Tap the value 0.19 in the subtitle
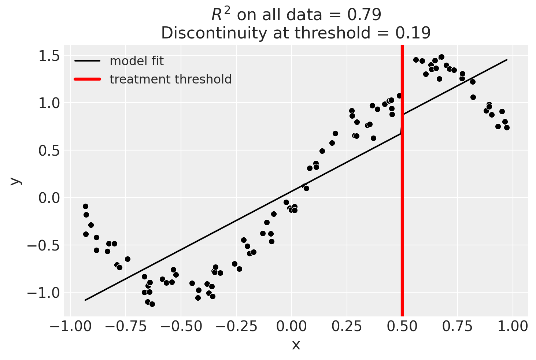413,33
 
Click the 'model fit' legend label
137,61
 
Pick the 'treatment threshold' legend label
171,79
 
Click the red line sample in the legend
87,79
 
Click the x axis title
296,345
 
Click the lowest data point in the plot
152,304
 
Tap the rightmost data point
507,127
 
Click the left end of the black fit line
85,300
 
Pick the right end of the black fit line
507,60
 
